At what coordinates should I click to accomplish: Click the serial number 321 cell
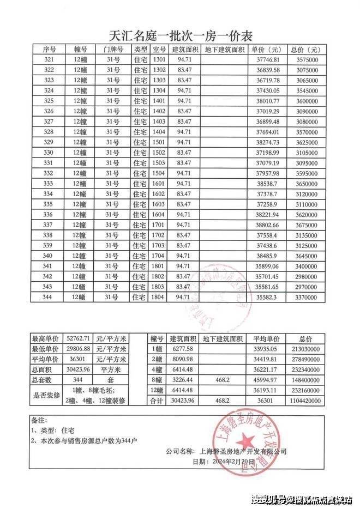[49, 59]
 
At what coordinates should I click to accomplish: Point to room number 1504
[159, 173]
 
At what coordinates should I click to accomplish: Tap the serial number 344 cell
[49, 297]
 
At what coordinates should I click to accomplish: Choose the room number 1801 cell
[159, 266]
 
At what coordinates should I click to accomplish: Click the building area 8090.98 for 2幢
[182, 359]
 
